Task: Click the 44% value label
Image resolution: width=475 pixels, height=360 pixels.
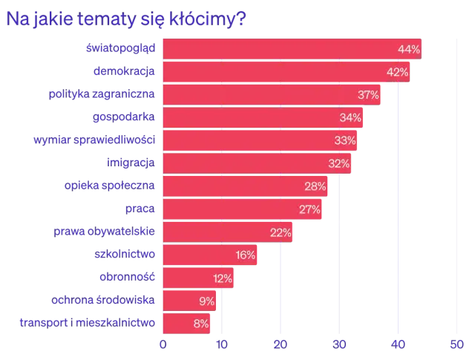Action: tap(409, 49)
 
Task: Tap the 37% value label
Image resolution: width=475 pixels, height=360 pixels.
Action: tap(368, 95)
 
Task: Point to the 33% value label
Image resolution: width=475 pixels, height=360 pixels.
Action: tap(345, 141)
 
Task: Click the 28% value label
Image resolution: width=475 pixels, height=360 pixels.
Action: tap(315, 186)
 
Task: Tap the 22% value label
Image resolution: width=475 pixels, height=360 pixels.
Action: tap(280, 232)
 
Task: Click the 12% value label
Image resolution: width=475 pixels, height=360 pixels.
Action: tap(222, 278)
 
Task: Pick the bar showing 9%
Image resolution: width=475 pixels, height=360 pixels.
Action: tap(190, 301)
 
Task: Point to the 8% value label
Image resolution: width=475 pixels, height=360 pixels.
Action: tap(201, 324)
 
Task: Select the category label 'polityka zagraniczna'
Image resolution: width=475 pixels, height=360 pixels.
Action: tap(102, 95)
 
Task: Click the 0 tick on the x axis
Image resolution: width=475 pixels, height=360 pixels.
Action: tap(163, 344)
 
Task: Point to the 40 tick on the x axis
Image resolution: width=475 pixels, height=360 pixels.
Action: tap(399, 344)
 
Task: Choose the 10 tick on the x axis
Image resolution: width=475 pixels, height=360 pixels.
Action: tap(221, 344)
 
